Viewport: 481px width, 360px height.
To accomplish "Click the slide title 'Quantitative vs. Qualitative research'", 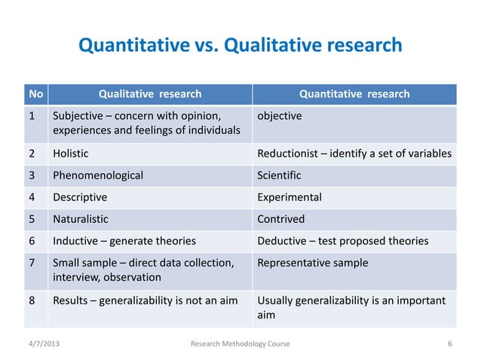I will [240, 46].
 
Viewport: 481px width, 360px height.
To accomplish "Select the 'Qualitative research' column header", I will [150, 94].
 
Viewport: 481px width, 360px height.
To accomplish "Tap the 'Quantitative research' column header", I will [354, 94].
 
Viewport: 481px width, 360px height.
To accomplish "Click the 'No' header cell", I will [35, 94].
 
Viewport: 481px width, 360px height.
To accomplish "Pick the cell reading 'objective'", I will [280, 117].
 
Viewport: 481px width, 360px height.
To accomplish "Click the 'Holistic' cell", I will [70, 154].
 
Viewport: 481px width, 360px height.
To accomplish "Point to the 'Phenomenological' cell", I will [97, 175].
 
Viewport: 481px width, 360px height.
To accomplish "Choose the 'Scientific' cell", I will [279, 175].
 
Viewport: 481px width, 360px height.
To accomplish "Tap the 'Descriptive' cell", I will [79, 197].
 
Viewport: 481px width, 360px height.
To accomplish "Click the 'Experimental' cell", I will [290, 197].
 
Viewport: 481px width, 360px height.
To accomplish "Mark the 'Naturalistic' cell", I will [80, 219].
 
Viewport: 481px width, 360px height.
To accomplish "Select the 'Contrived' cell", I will [281, 219].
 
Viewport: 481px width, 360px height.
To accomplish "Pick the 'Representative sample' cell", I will [313, 263].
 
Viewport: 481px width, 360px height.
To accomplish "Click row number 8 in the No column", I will [32, 301].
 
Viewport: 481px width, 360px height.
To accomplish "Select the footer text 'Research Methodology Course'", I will [240, 344].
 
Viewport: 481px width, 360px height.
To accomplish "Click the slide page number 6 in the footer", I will [449, 344].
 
